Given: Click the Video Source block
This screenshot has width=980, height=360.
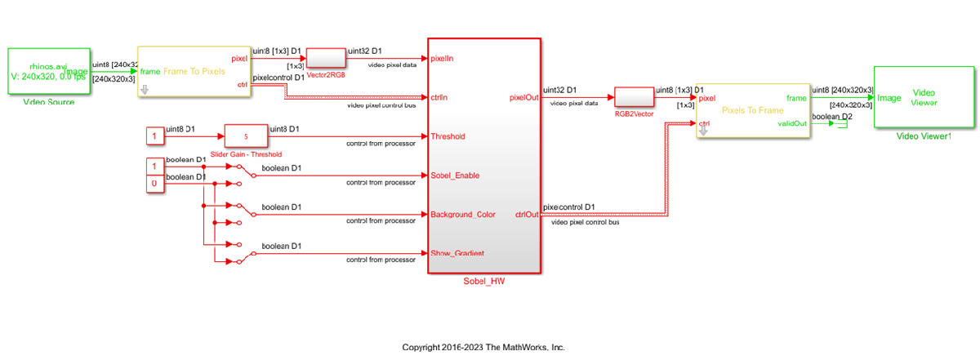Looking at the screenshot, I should [48, 72].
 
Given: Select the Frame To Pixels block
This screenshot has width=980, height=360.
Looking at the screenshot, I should [194, 72].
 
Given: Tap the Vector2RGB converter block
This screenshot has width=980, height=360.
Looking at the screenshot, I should [325, 59].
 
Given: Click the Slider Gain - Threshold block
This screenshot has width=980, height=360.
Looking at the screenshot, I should [246, 136].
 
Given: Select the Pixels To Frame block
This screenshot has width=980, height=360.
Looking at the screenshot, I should [751, 110].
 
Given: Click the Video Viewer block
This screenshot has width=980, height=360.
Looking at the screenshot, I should [924, 97].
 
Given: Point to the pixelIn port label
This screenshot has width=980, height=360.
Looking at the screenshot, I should [443, 59].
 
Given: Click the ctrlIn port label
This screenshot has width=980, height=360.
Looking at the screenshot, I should [439, 97].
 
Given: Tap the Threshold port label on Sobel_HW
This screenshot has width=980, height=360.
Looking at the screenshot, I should [448, 136].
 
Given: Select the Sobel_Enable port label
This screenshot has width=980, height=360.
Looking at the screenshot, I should [455, 176].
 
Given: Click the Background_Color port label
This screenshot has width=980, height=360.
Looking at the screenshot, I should [463, 215].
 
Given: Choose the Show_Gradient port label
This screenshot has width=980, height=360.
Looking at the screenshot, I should [457, 253].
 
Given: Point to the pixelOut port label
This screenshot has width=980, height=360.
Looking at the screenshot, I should [522, 98].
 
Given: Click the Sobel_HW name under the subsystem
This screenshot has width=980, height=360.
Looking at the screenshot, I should [483, 282].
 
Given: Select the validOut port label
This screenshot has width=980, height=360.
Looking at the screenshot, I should [791, 123].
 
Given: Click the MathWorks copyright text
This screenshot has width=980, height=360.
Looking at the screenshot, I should [483, 347].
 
